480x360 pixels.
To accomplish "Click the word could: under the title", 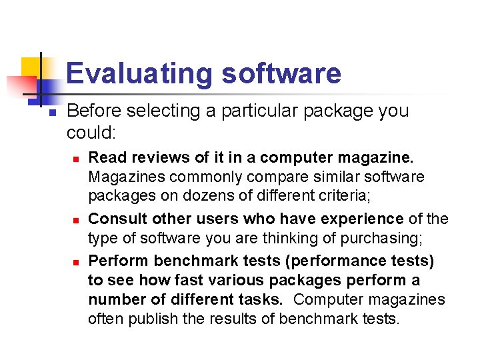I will click(91, 133).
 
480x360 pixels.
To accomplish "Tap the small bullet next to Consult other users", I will click(77, 220).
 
